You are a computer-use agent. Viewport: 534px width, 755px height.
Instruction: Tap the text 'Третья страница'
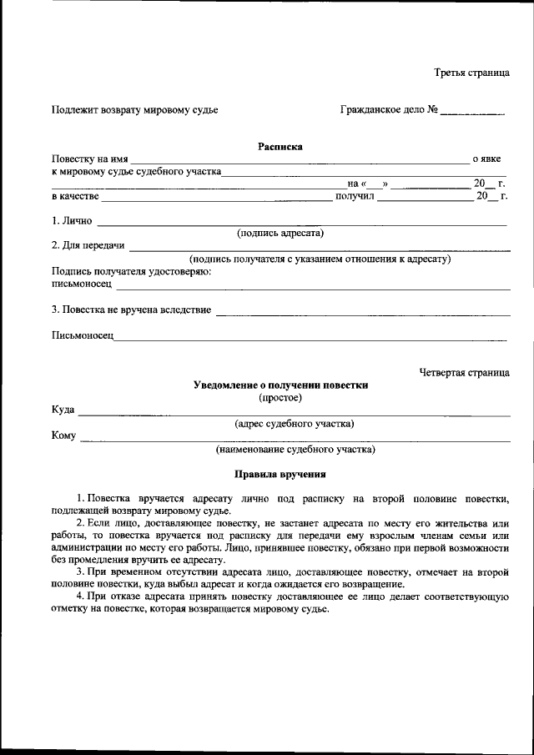[471, 73]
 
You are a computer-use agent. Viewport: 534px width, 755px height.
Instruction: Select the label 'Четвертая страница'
[464, 372]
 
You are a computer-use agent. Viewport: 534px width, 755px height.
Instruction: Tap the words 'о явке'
[486, 159]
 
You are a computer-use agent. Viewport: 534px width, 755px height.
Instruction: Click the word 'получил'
[355, 197]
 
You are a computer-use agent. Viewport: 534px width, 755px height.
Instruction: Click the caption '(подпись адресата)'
[280, 234]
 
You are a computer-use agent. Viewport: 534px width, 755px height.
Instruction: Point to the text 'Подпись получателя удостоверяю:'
[131, 271]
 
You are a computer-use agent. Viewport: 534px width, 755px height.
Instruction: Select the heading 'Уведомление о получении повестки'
[280, 385]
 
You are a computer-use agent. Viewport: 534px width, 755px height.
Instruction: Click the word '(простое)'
[280, 398]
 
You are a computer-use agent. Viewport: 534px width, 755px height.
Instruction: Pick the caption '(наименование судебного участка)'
[295, 450]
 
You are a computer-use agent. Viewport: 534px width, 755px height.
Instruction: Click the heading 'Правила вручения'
[280, 475]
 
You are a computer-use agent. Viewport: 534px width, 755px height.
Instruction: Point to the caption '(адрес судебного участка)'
[294, 424]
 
